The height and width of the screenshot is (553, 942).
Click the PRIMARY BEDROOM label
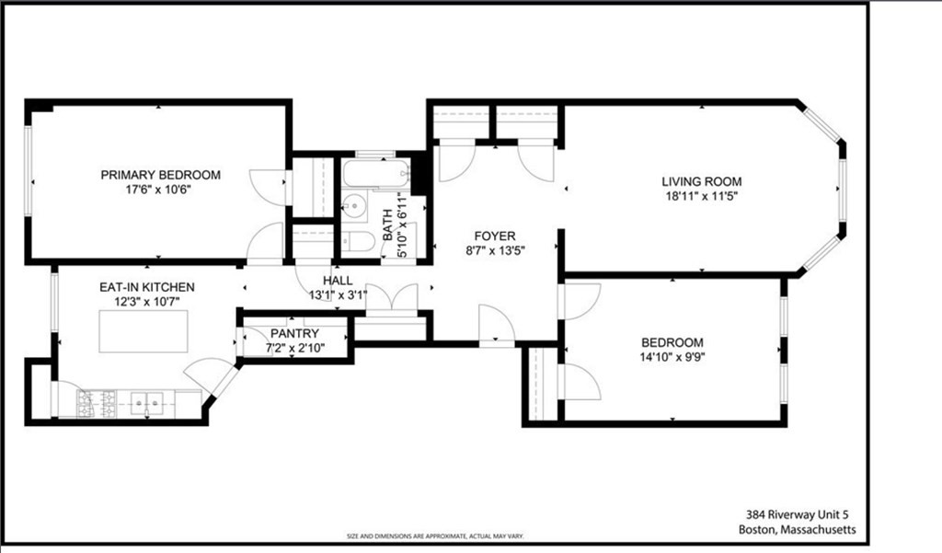tap(161, 175)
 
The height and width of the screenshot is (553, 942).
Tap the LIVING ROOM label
tap(701, 181)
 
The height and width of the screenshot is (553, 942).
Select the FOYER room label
tap(494, 236)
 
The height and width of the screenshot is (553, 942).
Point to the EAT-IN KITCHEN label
tap(147, 287)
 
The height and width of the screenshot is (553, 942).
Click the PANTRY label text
tap(294, 333)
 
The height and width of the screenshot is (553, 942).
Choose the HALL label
tap(337, 281)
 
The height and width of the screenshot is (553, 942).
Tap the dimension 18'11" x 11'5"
tap(701, 196)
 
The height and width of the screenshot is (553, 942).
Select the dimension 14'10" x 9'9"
tap(672, 357)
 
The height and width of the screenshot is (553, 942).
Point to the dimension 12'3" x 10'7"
tap(147, 302)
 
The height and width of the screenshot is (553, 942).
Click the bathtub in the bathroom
tap(374, 173)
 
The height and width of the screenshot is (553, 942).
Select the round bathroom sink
tap(354, 205)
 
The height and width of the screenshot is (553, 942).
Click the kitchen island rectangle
tap(144, 329)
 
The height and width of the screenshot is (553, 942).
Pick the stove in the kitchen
tap(96, 402)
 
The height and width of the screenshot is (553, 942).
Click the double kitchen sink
tap(147, 402)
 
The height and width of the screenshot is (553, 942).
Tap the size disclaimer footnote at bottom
tap(433, 536)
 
